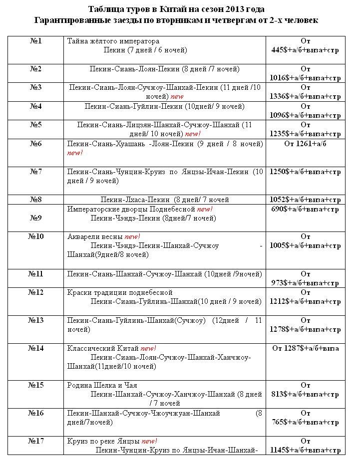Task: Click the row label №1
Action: click(36, 41)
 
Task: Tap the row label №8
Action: click(36, 200)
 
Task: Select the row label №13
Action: click(36, 320)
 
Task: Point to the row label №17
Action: click(36, 441)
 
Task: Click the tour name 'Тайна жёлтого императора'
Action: click(113, 41)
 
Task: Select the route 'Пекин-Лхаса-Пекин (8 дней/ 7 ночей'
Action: click(165, 200)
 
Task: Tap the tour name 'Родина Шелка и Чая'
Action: click(102, 385)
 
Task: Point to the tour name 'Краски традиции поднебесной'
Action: click(120, 292)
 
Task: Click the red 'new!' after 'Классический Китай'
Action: click(149, 348)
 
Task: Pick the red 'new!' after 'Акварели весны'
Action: click(133, 236)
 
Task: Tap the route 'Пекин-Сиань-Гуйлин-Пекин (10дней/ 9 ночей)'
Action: click(165, 106)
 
